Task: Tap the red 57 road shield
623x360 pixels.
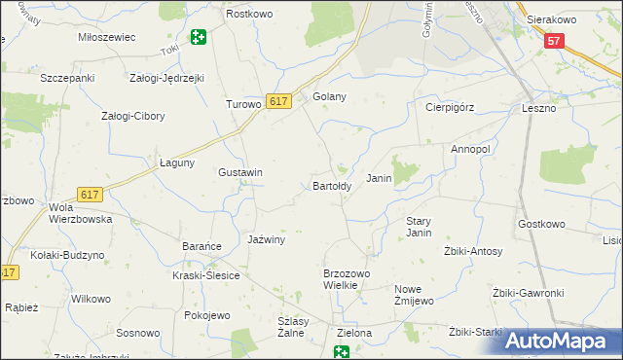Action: [554, 41]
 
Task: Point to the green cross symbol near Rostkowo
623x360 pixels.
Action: [199, 38]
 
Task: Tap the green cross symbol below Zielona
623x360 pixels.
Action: [342, 352]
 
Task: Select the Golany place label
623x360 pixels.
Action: [330, 96]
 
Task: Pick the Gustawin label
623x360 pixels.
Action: [240, 172]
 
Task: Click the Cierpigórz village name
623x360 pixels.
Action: [449, 108]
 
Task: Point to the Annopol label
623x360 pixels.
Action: [470, 149]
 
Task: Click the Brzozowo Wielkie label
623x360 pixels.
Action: [347, 280]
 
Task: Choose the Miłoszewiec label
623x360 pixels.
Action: [106, 36]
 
